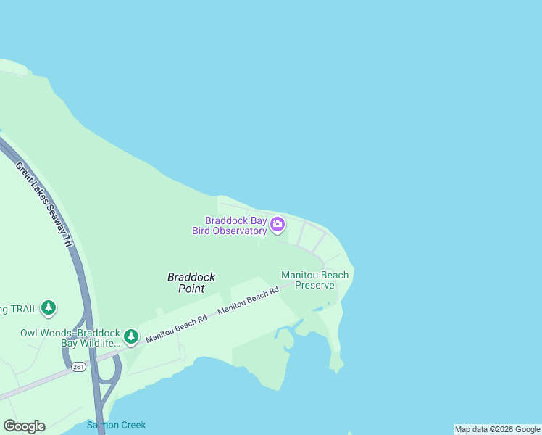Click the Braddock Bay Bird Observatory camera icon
[277, 225]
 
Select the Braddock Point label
[191, 282]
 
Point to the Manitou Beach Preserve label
[314, 280]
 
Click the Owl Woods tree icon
[130, 336]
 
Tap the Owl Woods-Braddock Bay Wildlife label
[70, 338]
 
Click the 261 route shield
[78, 368]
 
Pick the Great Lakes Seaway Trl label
[44, 206]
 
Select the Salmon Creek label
[116, 425]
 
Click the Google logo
[24, 426]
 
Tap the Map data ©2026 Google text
[497, 429]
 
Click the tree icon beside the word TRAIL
[49, 308]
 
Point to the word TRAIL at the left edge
[14, 309]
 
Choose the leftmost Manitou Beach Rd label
[176, 328]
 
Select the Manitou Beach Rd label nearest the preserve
[248, 301]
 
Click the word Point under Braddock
[191, 288]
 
